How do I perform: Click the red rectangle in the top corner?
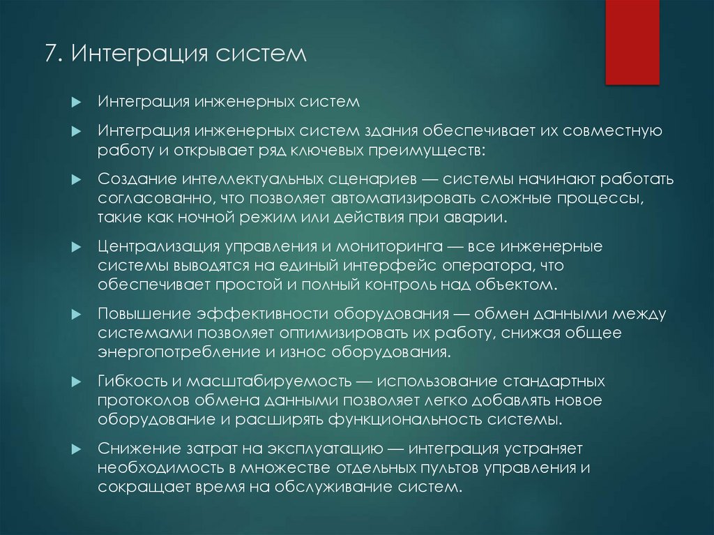click(x=632, y=42)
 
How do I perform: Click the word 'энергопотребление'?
click(x=177, y=351)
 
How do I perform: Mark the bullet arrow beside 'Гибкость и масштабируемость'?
click(x=78, y=382)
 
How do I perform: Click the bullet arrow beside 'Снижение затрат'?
click(x=78, y=448)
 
